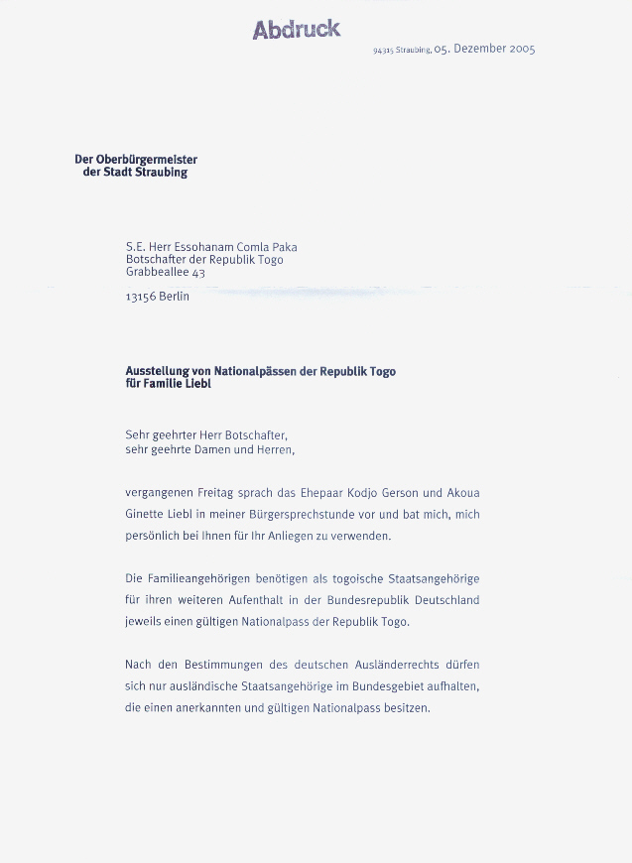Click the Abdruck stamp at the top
pyautogui.click(x=296, y=30)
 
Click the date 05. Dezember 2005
pyautogui.click(x=484, y=49)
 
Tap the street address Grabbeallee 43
pyautogui.click(x=165, y=272)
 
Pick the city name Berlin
pyautogui.click(x=175, y=297)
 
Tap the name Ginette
pyautogui.click(x=145, y=515)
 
